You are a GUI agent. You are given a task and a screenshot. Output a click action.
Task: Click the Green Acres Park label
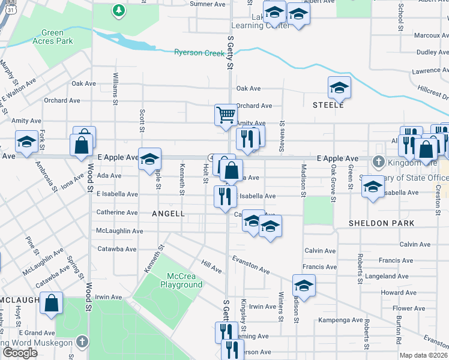[57, 37]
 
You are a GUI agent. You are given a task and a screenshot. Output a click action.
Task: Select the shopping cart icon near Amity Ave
[226, 114]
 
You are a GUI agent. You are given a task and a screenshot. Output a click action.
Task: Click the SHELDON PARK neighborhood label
[382, 223]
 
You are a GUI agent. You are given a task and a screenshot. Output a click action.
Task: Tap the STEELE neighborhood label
[328, 105]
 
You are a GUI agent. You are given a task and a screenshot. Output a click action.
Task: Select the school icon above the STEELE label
[339, 88]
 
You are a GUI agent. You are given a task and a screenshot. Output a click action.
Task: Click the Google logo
[20, 352]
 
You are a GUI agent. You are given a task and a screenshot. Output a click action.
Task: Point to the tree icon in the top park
[119, 10]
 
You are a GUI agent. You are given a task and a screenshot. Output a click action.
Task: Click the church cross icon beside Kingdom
[378, 161]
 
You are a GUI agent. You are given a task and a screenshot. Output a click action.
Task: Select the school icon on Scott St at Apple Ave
[150, 159]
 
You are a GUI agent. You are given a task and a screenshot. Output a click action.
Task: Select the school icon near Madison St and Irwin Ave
[304, 286]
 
